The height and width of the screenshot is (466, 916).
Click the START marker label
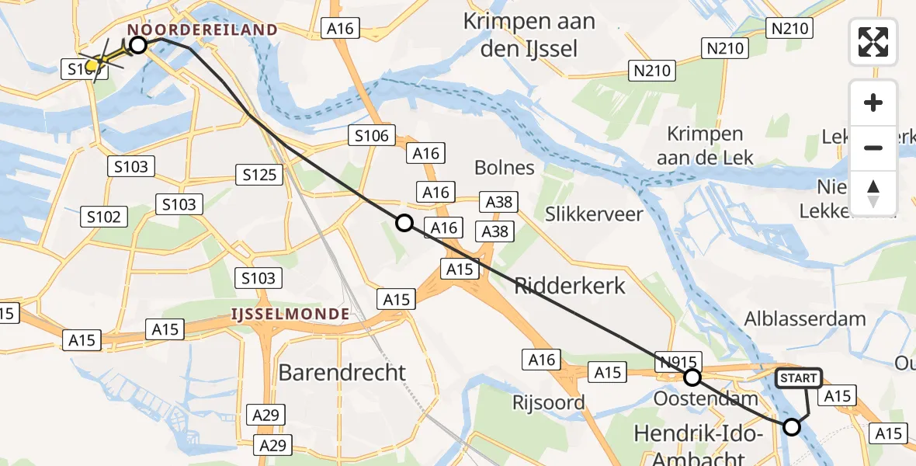799,378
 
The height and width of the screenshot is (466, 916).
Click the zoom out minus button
873,148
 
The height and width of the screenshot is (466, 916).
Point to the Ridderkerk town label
570,286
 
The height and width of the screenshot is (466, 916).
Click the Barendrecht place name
342,373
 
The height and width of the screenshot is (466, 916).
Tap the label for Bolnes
505,167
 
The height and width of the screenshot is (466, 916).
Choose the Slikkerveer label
594,214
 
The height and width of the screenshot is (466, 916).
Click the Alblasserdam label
804,318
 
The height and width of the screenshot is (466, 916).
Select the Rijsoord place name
549,402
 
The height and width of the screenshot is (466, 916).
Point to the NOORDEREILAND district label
203,30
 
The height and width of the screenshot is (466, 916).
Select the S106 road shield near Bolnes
373,136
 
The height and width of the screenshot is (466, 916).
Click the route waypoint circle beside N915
692,378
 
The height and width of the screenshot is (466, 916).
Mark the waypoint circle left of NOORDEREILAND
138,45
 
